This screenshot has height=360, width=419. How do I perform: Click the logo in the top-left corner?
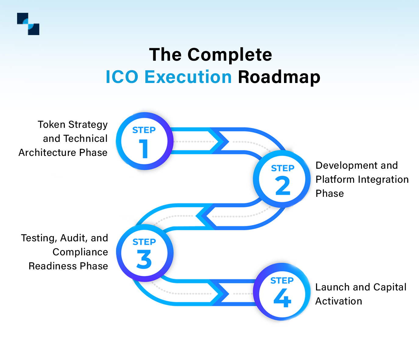pyautogui.click(x=28, y=24)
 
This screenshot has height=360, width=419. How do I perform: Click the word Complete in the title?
pyautogui.click(x=229, y=55)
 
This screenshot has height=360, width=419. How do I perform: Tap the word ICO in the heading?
pyautogui.click(x=122, y=77)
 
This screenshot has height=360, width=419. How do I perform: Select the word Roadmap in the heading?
pyautogui.click(x=279, y=77)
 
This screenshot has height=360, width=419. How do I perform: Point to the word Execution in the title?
pyautogui.click(x=188, y=77)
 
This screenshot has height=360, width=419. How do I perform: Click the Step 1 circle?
pyautogui.click(x=144, y=141)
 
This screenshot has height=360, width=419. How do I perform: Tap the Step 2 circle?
pyautogui.click(x=282, y=179)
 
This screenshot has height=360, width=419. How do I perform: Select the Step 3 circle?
pyautogui.click(x=144, y=253)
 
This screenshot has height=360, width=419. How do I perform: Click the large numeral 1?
pyautogui.click(x=144, y=149)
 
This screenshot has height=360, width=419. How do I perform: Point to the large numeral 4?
pyautogui.click(x=282, y=298)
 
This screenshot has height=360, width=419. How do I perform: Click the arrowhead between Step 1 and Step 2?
pyautogui.click(x=220, y=141)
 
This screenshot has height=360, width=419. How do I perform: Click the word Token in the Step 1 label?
pyautogui.click(x=51, y=124)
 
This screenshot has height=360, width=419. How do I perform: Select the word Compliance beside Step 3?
pyautogui.click(x=80, y=252)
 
